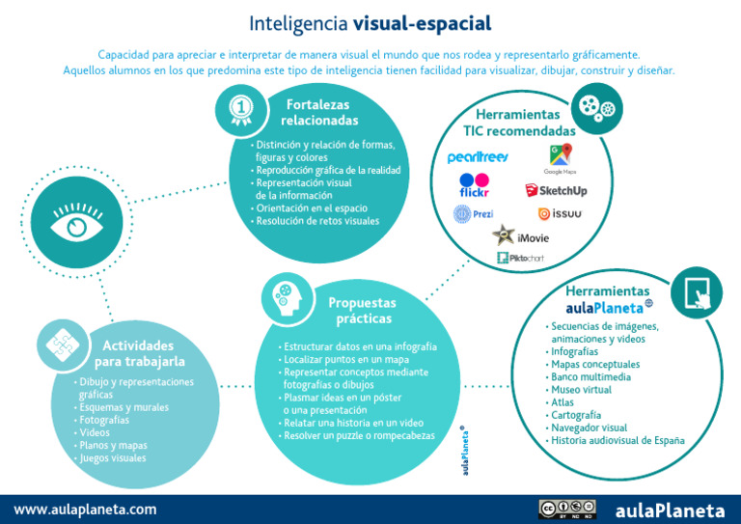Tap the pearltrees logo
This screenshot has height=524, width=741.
[478, 157]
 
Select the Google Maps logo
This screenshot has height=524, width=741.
[560, 158]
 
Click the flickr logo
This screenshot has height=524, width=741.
[474, 185]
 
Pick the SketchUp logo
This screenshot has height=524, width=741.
[556, 190]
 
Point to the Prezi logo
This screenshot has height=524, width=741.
[474, 214]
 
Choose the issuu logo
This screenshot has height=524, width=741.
[560, 214]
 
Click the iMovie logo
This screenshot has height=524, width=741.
[521, 235]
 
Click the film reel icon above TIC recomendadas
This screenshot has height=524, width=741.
[597, 105]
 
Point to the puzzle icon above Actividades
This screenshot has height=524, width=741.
[60, 344]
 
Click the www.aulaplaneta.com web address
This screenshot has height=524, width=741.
[85, 510]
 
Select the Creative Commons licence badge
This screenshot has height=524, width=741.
[566, 510]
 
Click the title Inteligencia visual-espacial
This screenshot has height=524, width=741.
[370, 22]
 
